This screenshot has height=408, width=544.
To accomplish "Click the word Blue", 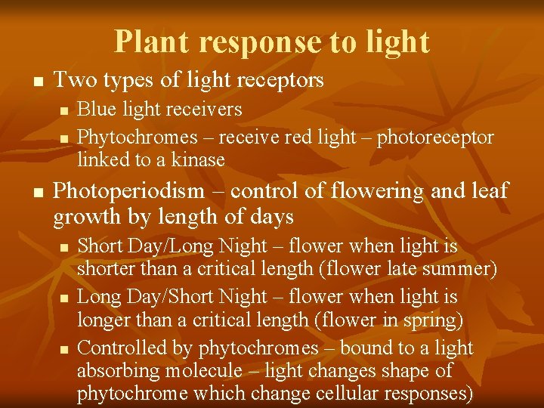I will (x=95, y=110).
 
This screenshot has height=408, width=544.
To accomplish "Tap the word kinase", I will (x=198, y=159).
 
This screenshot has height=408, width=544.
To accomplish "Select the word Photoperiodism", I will (x=128, y=191).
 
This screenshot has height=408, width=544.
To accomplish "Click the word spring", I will (x=428, y=320).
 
